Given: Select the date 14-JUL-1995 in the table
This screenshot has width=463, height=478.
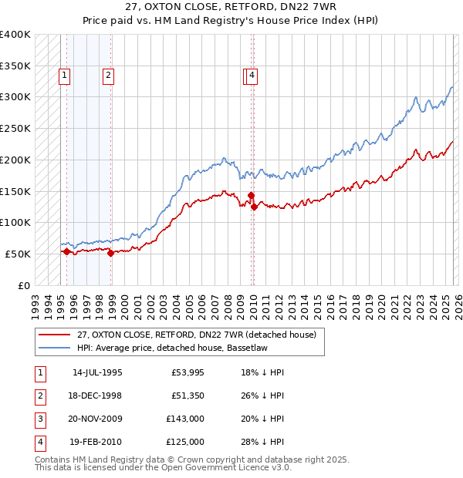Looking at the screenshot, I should (97, 372).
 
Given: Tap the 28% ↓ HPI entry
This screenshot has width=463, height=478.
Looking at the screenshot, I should (262, 442).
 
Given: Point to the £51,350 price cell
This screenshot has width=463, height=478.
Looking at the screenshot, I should (185, 395).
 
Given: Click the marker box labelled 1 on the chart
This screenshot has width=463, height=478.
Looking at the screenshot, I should (63, 75).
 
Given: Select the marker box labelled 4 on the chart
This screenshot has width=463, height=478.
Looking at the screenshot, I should (252, 75).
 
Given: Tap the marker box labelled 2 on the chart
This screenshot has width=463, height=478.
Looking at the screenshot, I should (108, 75).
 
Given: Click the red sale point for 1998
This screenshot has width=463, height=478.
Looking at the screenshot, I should (111, 252).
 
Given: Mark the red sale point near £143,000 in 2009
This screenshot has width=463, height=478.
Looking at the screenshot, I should (251, 195).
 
